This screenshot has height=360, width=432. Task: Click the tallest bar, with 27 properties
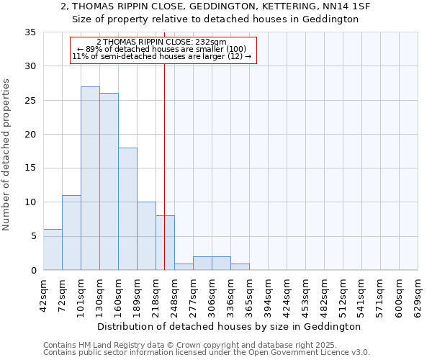point(90,178)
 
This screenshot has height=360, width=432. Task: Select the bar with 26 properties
point(109,181)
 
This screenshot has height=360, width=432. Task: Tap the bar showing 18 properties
point(127,209)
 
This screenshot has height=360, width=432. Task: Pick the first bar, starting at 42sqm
point(53,249)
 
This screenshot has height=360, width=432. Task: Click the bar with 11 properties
point(71,233)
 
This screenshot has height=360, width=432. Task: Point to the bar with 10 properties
point(146,235)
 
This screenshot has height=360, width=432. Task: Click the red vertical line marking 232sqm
point(165,144)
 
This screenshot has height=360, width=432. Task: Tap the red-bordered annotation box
point(163,50)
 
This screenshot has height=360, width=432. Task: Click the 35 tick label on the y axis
point(30,32)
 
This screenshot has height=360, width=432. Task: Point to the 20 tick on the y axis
point(30,135)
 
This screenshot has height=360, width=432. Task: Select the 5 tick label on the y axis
point(33,237)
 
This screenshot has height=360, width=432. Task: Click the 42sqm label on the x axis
point(44,293)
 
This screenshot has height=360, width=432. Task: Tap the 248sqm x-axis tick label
point(175,293)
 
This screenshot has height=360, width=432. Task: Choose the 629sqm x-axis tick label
point(418,293)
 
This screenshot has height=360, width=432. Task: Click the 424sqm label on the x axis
point(287,293)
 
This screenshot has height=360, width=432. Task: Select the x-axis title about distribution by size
point(228,327)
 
